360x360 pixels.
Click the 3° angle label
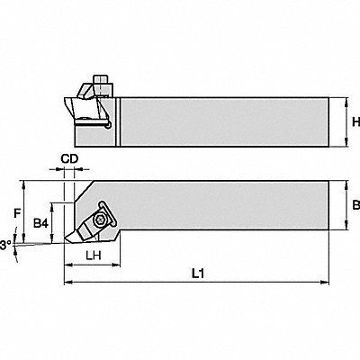click(6, 244)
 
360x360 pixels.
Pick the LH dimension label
click(91, 256)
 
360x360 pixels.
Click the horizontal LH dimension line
click(91, 266)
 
